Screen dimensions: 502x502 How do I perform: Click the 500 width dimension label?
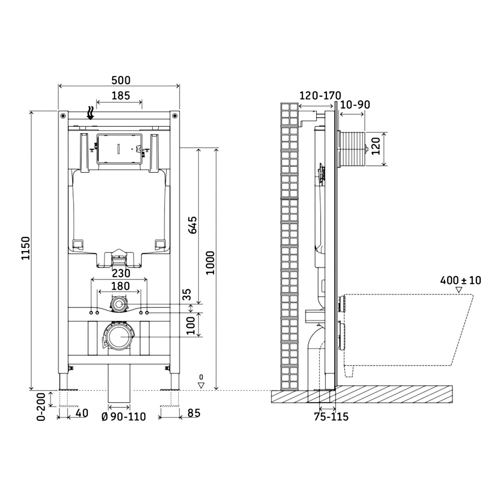[x=121, y=80]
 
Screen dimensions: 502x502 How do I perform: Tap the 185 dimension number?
[x=121, y=95]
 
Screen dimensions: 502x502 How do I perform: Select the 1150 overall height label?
[x=26, y=248]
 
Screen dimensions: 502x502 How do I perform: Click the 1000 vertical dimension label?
[x=211, y=263]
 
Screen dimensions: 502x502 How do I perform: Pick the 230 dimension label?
[x=121, y=273]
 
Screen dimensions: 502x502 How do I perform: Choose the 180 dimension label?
[x=120, y=286]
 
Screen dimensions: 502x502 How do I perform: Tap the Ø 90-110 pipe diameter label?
[x=124, y=417]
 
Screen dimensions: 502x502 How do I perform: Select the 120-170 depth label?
[x=320, y=95]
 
